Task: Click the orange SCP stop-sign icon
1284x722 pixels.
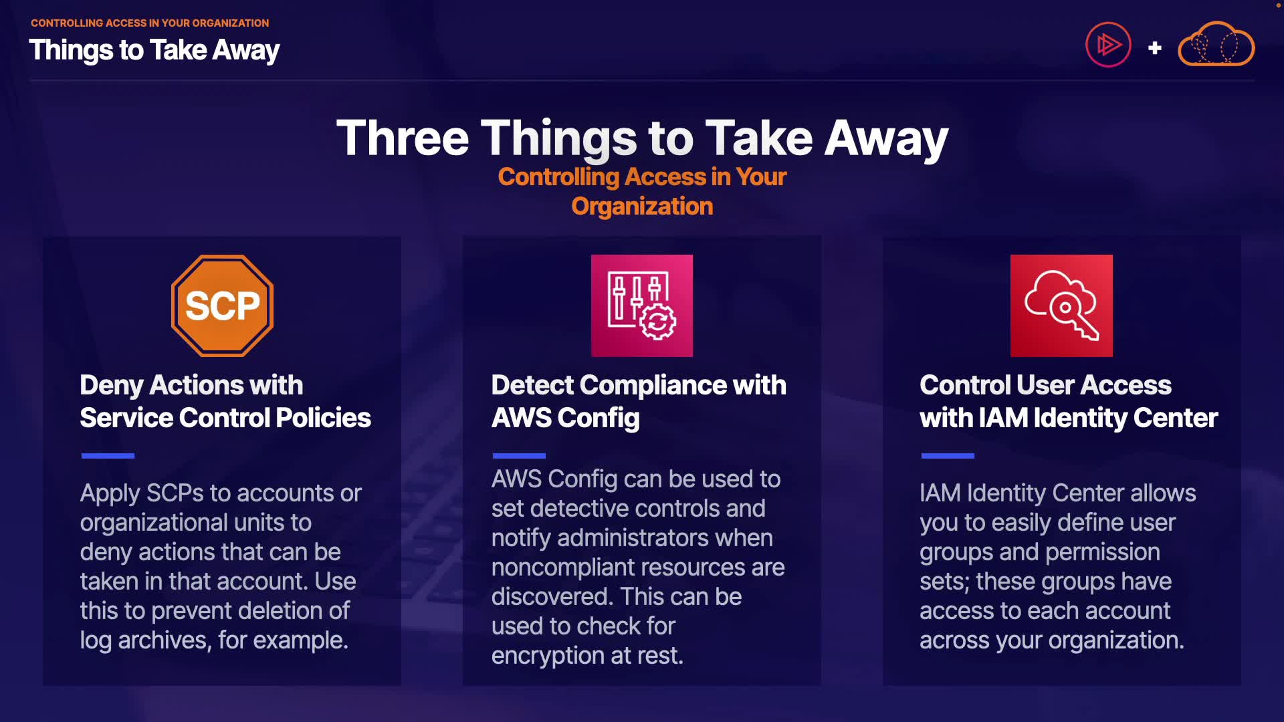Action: tap(222, 306)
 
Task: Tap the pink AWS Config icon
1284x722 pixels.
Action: tap(642, 306)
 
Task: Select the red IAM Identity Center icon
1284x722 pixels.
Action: tap(1061, 306)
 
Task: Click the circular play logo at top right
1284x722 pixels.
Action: tap(1108, 45)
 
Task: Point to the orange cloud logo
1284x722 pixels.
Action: tap(1216, 44)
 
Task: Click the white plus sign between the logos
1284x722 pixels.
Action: tap(1154, 48)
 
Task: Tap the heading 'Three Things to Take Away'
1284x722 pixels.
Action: tap(642, 138)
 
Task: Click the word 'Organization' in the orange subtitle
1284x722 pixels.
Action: tap(642, 207)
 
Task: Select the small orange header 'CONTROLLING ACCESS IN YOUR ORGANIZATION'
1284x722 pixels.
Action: tap(150, 23)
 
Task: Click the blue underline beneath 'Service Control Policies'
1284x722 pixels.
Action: tap(108, 456)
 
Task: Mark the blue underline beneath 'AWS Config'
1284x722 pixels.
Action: tap(519, 456)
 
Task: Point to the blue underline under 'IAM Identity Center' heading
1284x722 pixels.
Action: tap(948, 456)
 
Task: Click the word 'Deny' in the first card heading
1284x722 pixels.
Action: tap(112, 386)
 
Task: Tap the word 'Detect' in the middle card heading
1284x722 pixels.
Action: tap(533, 385)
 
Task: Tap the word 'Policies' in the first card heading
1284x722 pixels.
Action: tap(323, 418)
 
